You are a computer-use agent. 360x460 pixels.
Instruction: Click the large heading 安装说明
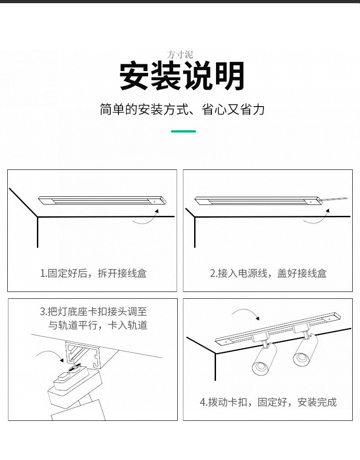[182, 76]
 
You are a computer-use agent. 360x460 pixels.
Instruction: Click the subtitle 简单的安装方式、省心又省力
[182, 110]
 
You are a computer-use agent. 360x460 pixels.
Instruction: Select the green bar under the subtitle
[183, 131]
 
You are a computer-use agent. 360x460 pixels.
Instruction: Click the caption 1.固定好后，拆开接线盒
[93, 273]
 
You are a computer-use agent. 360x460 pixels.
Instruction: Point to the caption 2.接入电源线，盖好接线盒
[268, 273]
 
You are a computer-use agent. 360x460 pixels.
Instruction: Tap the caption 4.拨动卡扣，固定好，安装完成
[268, 402]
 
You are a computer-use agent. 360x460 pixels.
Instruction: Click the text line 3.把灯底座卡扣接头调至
[93, 312]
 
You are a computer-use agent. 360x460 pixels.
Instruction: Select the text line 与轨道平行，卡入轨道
[98, 325]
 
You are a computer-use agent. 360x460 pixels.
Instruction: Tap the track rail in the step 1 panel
[103, 200]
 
